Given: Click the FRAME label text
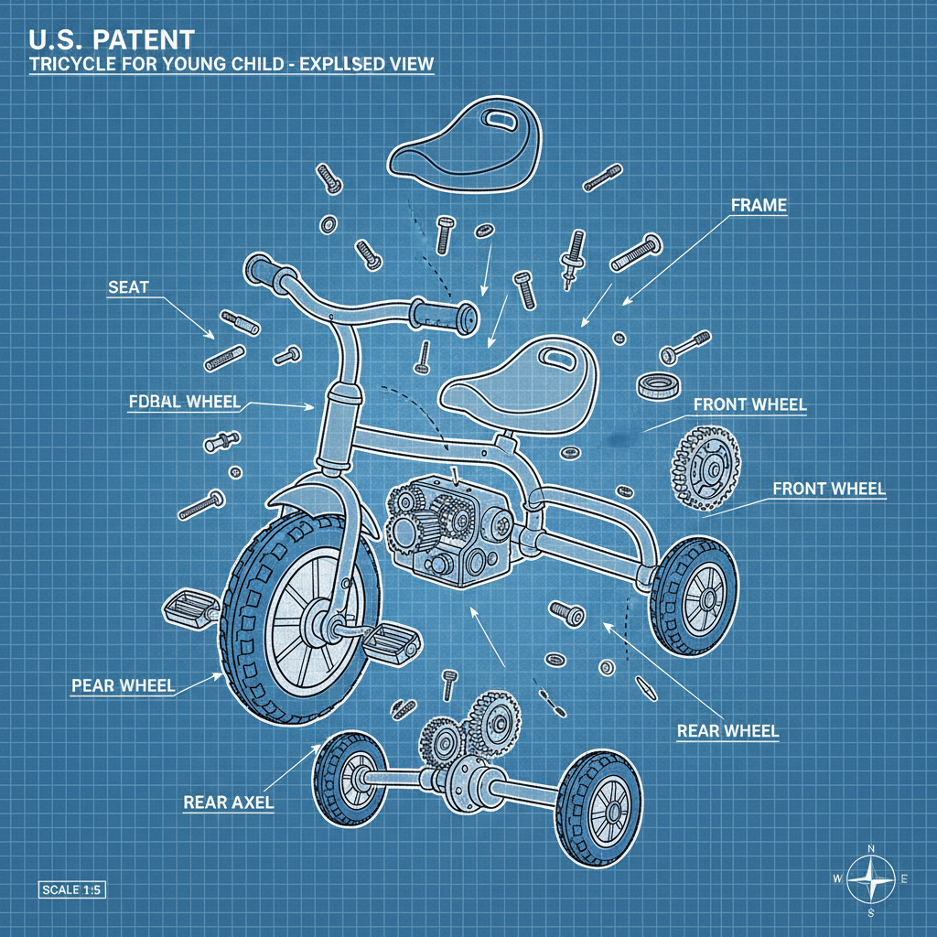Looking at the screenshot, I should coord(759,205).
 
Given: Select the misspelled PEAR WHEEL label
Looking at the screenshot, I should coord(123,684).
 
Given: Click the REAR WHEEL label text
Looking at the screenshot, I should coord(727,730).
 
